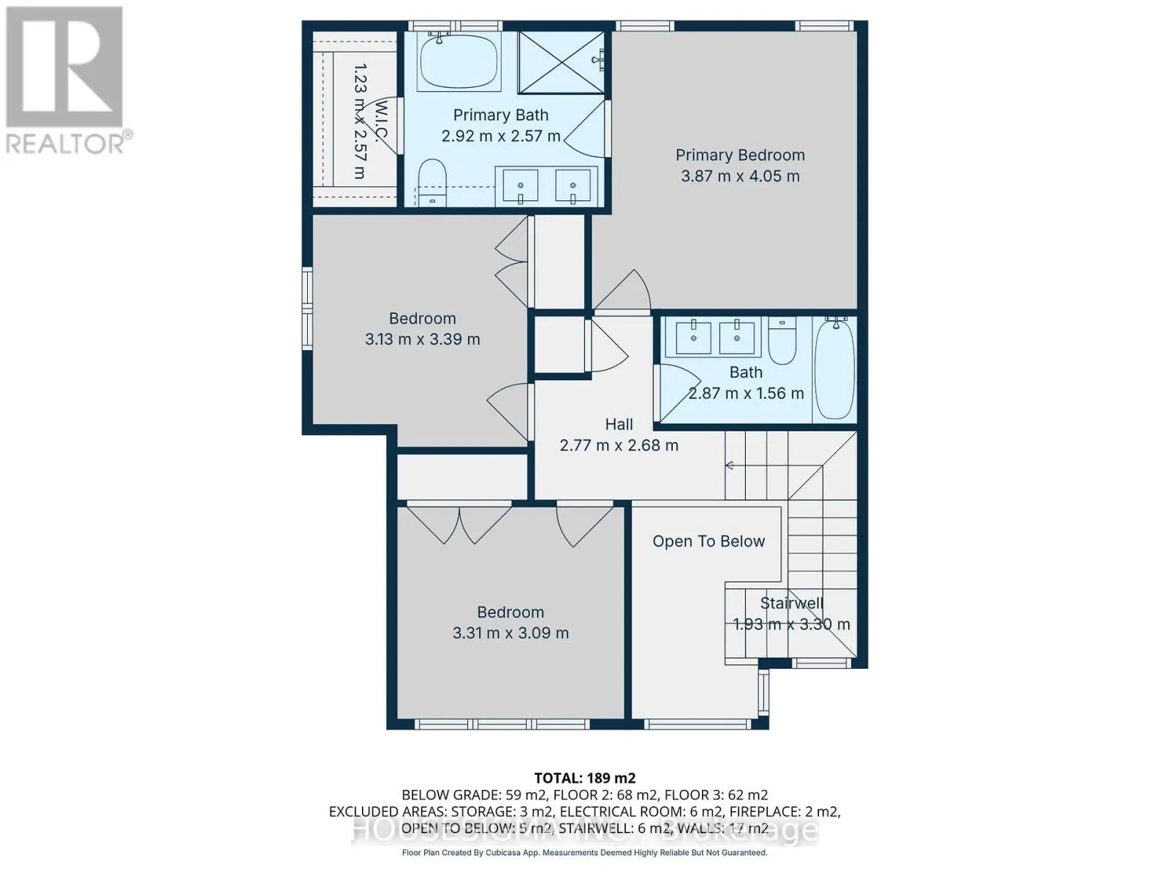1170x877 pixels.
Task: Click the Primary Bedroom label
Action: point(740,155)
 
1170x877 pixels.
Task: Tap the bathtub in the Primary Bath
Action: point(458,61)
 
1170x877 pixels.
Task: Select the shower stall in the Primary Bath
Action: point(561,62)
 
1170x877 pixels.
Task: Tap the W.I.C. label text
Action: point(381,121)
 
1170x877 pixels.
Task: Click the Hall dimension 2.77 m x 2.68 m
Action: point(619,445)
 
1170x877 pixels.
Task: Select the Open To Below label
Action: point(709,542)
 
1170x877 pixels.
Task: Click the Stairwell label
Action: point(791,604)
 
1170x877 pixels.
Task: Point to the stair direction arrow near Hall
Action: point(729,466)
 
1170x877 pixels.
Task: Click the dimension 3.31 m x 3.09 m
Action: point(510,633)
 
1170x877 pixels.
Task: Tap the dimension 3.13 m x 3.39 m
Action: point(422,339)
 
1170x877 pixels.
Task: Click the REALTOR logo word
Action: point(66,143)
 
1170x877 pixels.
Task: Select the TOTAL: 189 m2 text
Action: point(584,778)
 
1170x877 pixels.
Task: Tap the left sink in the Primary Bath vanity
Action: point(520,186)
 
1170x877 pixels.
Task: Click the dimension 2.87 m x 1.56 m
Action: point(746,393)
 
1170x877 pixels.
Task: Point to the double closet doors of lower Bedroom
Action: point(459,523)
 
